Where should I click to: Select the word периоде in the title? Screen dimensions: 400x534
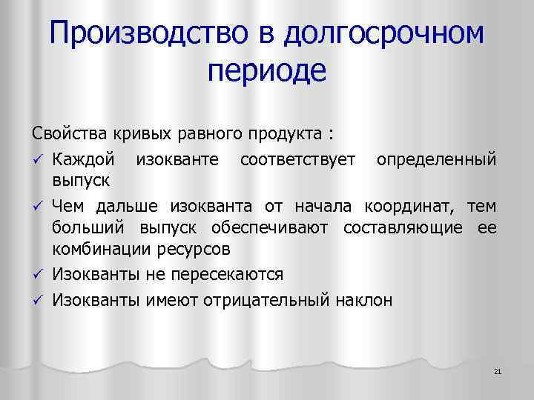(x=267, y=72)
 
